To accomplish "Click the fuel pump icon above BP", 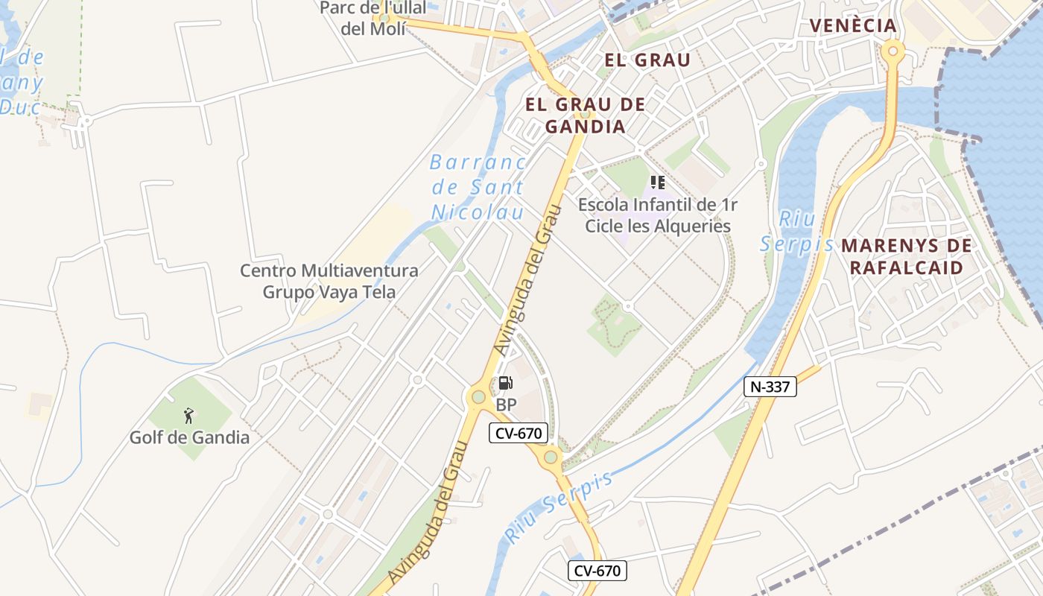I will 506,384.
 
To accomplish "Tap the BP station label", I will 506,405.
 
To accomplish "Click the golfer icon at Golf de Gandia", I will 189,416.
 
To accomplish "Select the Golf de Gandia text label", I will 189,437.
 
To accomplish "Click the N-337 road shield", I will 770,386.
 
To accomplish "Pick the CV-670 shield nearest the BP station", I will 519,432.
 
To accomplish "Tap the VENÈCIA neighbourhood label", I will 853,25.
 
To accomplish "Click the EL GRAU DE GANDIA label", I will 585,115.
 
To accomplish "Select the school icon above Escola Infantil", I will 657,182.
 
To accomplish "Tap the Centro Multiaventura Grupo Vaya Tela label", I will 329,281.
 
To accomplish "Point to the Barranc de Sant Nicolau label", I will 477,187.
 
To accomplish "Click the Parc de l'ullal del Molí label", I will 372,18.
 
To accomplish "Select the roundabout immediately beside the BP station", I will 478,397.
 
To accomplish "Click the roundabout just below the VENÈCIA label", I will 893,51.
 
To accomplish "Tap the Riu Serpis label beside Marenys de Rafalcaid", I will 796,232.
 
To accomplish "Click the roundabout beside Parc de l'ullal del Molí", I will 384,17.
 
